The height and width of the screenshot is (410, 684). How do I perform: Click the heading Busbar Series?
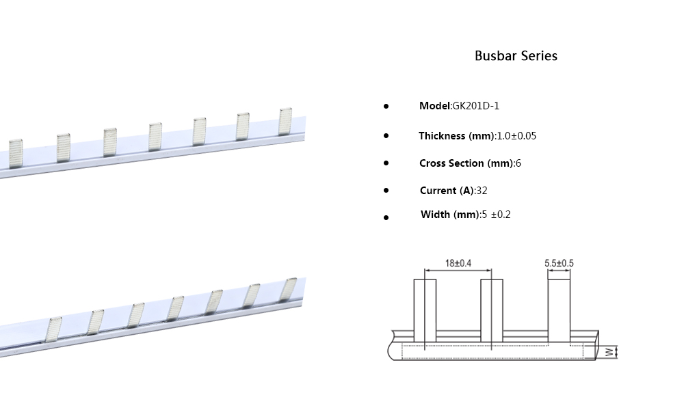click(x=516, y=56)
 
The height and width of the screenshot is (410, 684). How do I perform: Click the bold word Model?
click(x=435, y=106)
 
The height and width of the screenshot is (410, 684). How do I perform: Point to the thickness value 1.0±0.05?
click(x=516, y=136)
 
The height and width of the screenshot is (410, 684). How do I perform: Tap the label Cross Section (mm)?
click(x=466, y=163)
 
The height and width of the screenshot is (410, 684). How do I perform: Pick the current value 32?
click(x=481, y=191)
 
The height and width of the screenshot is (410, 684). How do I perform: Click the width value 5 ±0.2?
click(x=496, y=215)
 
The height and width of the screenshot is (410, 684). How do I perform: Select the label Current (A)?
click(x=447, y=191)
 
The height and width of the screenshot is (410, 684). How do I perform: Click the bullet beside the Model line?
click(x=386, y=107)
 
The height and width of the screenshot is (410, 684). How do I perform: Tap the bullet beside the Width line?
click(x=386, y=217)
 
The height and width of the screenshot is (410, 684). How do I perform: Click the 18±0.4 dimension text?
click(x=459, y=263)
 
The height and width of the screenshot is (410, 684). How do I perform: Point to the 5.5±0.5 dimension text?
click(x=559, y=263)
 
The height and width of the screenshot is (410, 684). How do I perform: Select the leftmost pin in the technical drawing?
click(x=425, y=311)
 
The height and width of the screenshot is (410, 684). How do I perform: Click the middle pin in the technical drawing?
click(x=493, y=311)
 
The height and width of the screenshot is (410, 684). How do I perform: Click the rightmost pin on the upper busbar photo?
click(x=285, y=122)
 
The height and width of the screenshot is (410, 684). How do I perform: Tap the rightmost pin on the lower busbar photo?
click(x=289, y=288)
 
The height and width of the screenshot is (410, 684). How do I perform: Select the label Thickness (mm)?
click(x=456, y=136)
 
